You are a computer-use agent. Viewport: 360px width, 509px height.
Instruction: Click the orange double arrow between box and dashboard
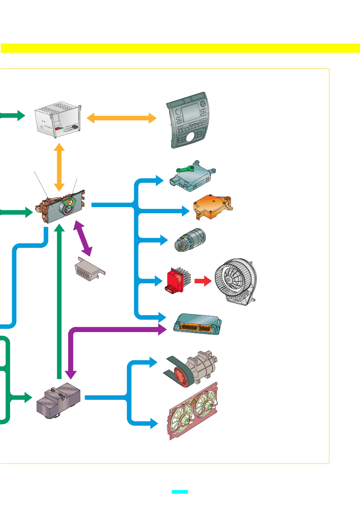(x=121, y=118)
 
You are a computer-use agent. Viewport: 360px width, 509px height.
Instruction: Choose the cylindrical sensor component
(x=189, y=241)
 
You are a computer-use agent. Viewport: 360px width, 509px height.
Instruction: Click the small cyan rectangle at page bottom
(x=179, y=492)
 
